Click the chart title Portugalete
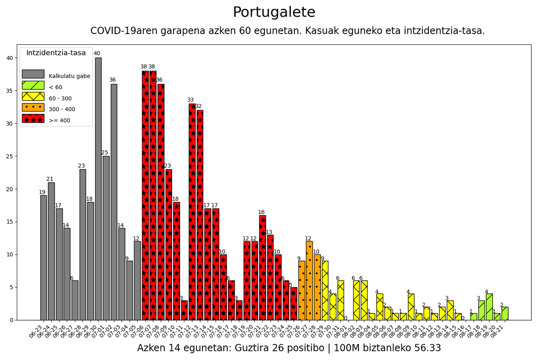point(274,13)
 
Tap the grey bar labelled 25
point(106,238)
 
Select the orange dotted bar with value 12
point(309,281)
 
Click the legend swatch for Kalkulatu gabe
point(33,74)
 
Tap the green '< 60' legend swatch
point(33,85)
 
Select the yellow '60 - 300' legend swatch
point(33,97)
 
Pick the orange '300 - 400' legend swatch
point(33,108)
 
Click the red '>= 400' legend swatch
point(33,119)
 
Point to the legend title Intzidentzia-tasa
point(56,53)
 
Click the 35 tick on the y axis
point(10,91)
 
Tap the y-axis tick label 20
point(10,189)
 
